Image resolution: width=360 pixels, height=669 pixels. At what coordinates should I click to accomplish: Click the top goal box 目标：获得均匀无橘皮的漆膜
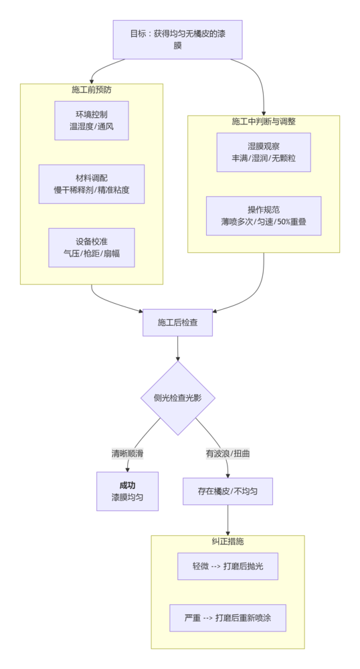click(177, 39)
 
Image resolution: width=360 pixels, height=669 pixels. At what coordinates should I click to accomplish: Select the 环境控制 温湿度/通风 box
click(92, 120)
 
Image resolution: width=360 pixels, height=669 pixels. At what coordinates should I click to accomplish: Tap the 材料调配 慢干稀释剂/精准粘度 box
click(92, 184)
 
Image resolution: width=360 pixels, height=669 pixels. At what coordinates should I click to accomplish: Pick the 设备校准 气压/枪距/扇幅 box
click(92, 248)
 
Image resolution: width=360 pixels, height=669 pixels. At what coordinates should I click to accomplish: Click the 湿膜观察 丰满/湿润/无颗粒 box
click(264, 153)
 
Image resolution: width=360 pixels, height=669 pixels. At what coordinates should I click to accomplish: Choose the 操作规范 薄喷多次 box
click(264, 215)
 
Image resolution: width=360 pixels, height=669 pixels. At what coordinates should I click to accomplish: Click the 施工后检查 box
click(178, 322)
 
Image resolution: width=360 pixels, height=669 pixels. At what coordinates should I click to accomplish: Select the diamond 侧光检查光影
click(178, 398)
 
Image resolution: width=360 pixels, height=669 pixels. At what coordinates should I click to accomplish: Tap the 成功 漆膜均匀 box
click(127, 491)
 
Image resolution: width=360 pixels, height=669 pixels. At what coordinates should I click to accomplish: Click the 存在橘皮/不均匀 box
click(228, 491)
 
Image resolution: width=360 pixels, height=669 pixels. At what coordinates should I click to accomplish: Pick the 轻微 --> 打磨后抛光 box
click(228, 566)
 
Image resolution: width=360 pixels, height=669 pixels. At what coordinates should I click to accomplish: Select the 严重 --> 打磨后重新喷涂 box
click(228, 618)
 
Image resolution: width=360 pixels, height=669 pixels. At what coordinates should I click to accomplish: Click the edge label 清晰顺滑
click(127, 454)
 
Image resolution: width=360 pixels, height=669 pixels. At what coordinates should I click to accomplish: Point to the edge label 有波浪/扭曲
click(228, 454)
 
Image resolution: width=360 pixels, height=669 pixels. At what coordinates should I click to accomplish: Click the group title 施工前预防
click(92, 89)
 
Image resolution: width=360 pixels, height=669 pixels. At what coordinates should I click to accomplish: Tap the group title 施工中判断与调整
click(264, 121)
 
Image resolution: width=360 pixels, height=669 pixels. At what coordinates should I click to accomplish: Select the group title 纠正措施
click(228, 541)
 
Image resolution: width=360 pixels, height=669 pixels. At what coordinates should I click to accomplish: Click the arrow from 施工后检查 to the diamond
click(178, 348)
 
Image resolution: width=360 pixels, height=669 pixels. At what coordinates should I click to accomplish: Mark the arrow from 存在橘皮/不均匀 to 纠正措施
click(228, 520)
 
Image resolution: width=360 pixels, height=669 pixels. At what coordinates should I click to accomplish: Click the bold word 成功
click(127, 485)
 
